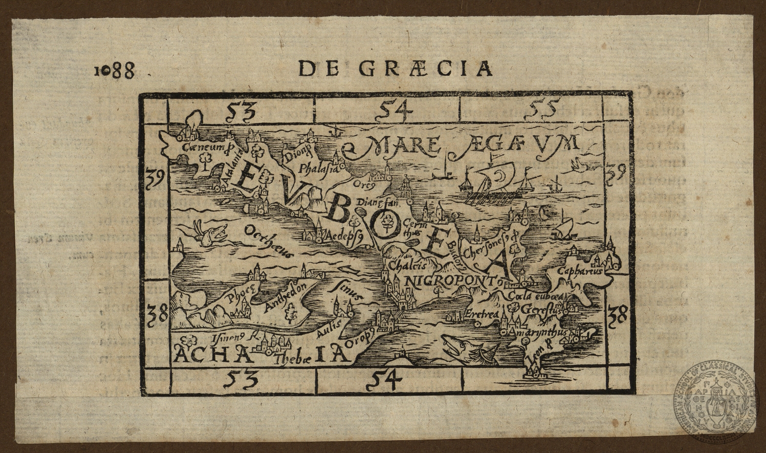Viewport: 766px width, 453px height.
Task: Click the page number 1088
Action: (x=115, y=70)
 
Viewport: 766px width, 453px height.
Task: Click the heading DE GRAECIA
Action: (x=395, y=69)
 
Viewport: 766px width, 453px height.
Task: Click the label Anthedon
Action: (x=287, y=297)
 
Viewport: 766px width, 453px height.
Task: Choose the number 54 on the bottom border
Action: (x=385, y=381)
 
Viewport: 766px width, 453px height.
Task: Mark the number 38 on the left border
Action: (x=158, y=314)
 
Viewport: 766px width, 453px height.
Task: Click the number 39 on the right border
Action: (x=615, y=173)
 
